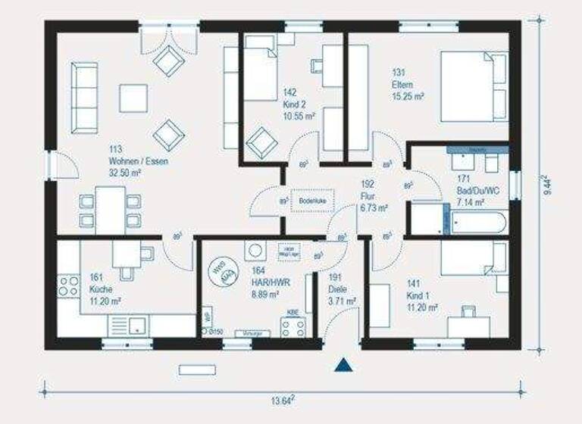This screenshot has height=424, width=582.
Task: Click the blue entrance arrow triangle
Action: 344,366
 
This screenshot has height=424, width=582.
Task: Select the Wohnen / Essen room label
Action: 137,161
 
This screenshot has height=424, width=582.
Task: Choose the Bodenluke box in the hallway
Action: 311,201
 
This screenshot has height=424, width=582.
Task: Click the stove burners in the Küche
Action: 69,286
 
